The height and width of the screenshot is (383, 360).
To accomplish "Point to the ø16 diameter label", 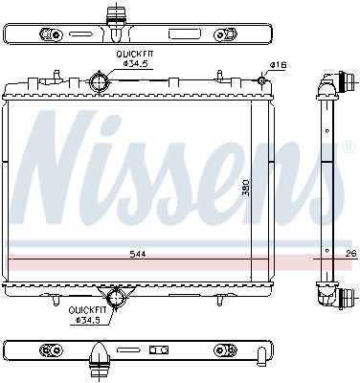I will [x=279, y=65].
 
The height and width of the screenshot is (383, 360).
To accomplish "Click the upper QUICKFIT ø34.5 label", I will [x=135, y=60].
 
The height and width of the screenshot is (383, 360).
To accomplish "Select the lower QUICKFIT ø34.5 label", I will [x=84, y=314].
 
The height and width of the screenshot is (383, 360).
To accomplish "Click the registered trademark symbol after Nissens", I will [x=347, y=148].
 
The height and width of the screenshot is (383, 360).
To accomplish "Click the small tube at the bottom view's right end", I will [x=262, y=355].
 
